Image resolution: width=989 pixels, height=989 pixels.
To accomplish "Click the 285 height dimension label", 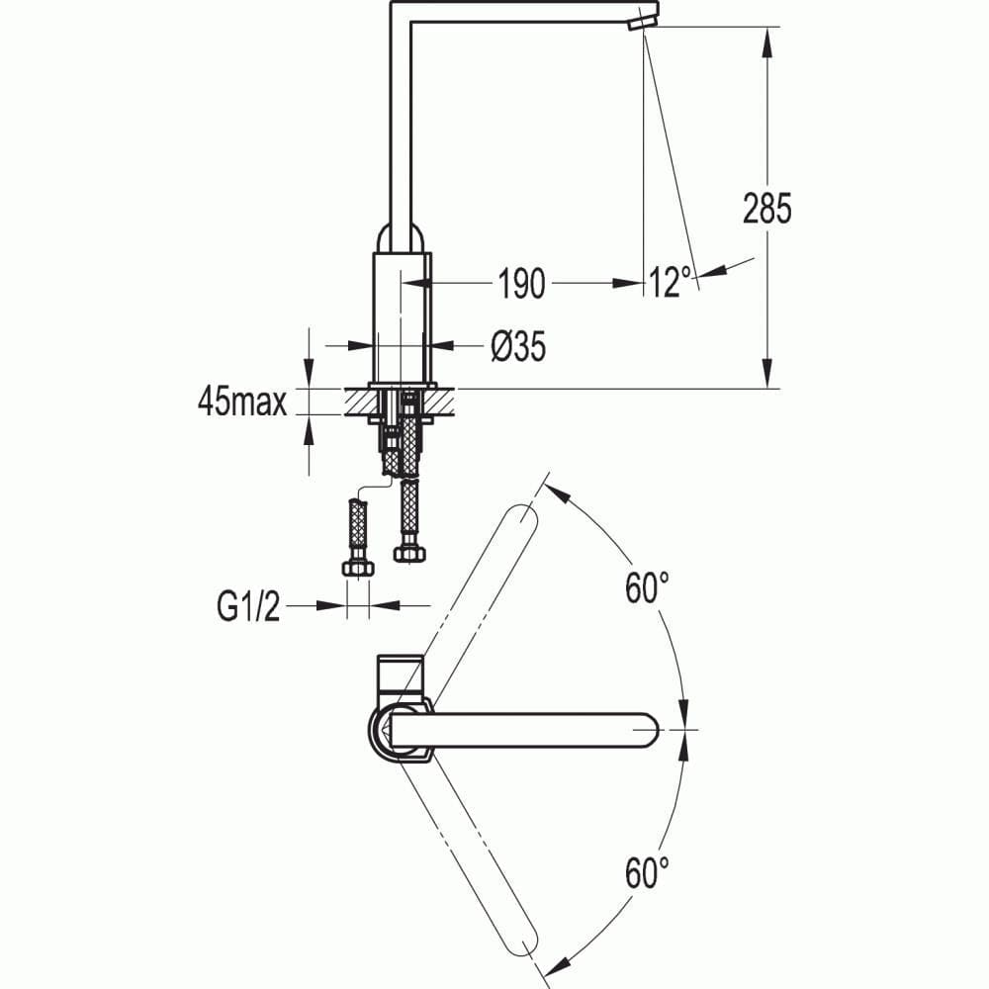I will tap(767, 209).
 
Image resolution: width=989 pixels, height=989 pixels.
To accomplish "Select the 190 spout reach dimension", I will tap(520, 284).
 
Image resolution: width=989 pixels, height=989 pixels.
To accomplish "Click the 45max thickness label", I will tap(242, 402).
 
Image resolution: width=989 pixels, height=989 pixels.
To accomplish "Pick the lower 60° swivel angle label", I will tap(647, 872).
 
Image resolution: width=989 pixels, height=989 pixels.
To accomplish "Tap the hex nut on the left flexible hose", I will tap(357, 568).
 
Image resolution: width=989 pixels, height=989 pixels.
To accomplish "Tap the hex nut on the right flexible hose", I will tap(409, 553).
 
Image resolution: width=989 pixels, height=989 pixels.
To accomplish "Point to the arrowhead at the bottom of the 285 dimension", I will tap(767, 376).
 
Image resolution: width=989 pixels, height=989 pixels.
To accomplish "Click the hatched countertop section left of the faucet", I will tap(357, 400).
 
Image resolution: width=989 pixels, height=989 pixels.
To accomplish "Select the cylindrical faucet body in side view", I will tap(402, 316).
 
